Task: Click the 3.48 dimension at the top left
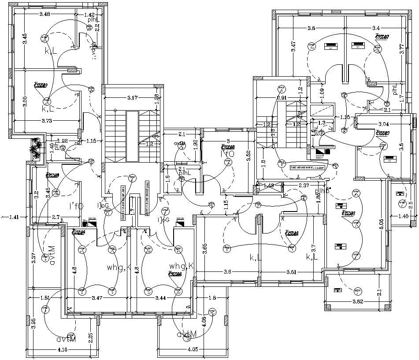(44, 15)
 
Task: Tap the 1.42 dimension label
(90, 15)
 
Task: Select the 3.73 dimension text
(48, 120)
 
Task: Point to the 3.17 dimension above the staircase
(133, 97)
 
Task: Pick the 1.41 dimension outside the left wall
(15, 216)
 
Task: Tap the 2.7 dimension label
(56, 217)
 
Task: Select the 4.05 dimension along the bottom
(192, 350)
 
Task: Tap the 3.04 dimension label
(383, 124)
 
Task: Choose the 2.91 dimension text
(282, 97)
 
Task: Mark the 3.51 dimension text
(291, 272)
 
